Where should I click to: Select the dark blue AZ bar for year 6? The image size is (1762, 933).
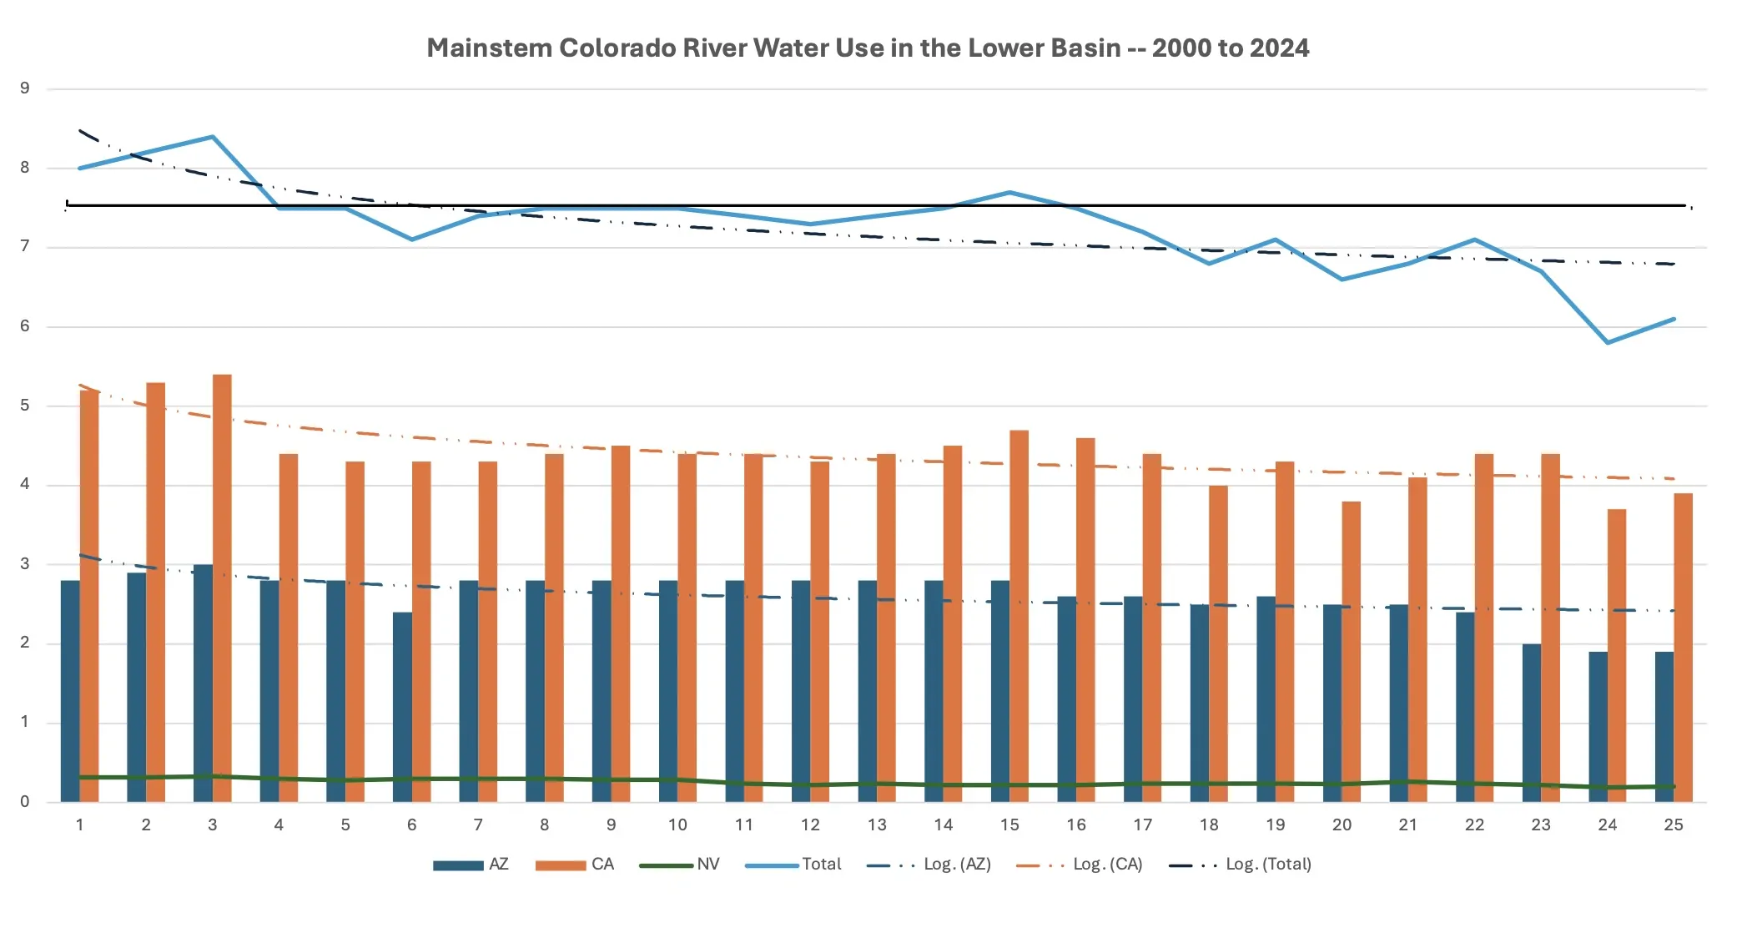pyautogui.click(x=402, y=708)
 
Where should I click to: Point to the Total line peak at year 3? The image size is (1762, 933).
pyautogui.click(x=213, y=137)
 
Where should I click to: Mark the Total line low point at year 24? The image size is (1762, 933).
pyautogui.click(x=1608, y=342)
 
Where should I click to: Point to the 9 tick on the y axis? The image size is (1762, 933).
pyautogui.click(x=25, y=88)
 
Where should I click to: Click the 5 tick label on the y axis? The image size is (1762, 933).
pyautogui.click(x=25, y=406)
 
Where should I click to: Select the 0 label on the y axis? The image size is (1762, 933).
pyautogui.click(x=25, y=802)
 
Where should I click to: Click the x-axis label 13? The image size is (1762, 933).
pyautogui.click(x=877, y=825)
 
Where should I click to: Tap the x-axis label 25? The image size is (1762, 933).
pyautogui.click(x=1674, y=825)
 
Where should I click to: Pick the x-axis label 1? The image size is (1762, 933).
pyautogui.click(x=79, y=825)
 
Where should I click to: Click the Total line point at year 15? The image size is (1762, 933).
pyautogui.click(x=1009, y=193)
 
